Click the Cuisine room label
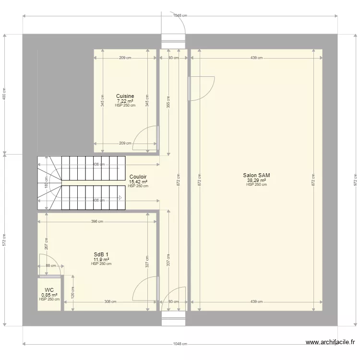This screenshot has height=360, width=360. [125, 96]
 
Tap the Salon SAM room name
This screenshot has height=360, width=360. [256, 175]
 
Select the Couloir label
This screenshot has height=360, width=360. [138, 177]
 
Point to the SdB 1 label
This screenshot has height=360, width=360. [101, 254]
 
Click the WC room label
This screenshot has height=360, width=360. [49, 290]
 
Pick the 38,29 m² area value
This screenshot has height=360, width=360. [256, 180]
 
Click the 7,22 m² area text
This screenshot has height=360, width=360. [125, 101]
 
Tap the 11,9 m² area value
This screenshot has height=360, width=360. [101, 260]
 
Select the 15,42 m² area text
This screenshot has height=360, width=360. [138, 182]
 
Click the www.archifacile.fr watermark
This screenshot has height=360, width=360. [330, 342]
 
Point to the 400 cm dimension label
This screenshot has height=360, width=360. [4, 94]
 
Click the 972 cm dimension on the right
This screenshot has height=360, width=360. [355, 180]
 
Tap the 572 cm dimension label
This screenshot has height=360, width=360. [4, 240]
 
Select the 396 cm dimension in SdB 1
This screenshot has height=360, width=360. [97, 222]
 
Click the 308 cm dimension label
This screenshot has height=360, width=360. [110, 302]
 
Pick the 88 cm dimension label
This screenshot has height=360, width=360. [51, 265]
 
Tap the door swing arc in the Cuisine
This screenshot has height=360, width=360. [138, 132]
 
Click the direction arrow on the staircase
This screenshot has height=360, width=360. [120, 198]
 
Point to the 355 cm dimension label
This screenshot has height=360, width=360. [168, 102]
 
